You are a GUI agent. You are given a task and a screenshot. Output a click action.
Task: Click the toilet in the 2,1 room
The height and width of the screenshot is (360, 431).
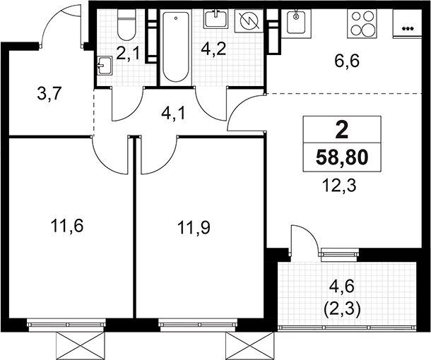click(126, 24)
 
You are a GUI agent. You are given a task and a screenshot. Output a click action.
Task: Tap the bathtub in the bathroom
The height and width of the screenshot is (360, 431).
click(176, 46)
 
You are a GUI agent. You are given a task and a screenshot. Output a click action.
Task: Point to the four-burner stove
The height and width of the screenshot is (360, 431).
click(360, 23)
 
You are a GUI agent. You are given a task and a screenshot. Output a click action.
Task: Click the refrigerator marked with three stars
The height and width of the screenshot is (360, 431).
click(408, 23)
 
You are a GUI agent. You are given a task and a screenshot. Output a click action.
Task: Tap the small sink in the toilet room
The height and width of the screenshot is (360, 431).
click(105, 66)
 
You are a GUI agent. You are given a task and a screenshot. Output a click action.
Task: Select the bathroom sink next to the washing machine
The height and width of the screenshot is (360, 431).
click(216, 19)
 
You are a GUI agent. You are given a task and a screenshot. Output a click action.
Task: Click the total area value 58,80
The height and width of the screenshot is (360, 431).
click(342, 157)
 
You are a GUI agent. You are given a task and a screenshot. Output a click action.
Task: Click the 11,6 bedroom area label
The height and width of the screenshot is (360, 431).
click(67, 227)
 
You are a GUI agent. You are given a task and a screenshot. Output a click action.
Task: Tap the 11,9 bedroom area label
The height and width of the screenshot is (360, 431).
click(194, 227)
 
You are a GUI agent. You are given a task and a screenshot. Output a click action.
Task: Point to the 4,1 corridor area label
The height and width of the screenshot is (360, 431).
click(174, 114)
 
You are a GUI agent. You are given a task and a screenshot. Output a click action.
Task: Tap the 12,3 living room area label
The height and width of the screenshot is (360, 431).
click(340, 186)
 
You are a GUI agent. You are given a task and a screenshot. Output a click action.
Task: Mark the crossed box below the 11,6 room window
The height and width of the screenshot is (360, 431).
click(81, 345)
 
